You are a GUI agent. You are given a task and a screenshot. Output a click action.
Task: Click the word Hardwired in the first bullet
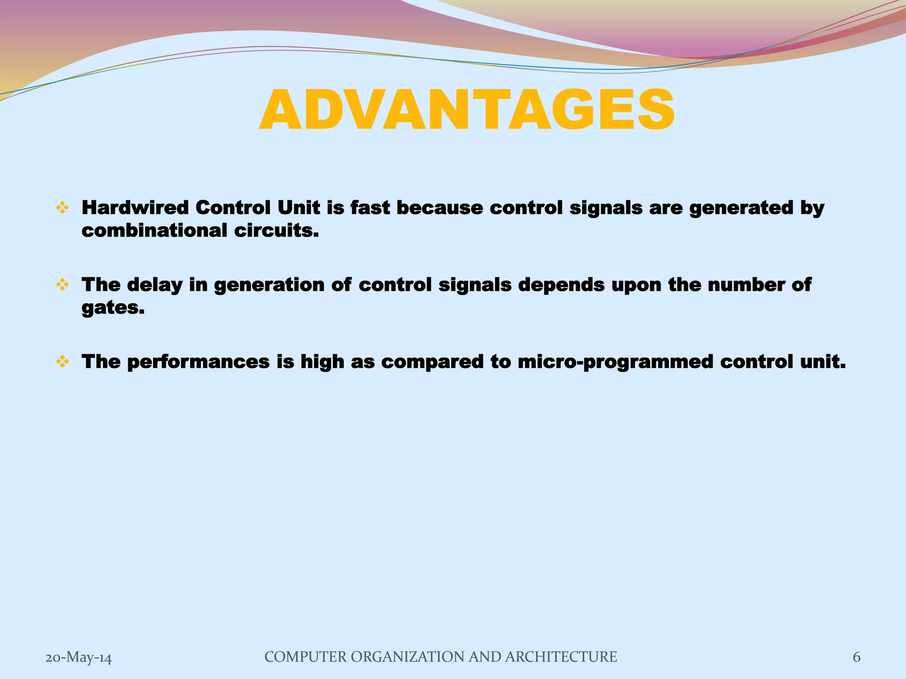point(135,208)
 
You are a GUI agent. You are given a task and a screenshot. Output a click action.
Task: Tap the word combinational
point(154,230)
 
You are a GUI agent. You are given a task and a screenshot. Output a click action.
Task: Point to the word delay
point(154,285)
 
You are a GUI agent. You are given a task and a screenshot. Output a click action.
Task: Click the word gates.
point(113,308)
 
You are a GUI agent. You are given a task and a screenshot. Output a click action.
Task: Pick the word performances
point(198,362)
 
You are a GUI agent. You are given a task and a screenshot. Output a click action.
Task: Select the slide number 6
point(856,657)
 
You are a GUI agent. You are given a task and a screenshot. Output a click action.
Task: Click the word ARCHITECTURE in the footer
point(560,657)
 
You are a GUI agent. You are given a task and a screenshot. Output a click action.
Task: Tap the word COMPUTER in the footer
point(305,657)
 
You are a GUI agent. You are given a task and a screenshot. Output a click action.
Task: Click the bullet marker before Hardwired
point(62,208)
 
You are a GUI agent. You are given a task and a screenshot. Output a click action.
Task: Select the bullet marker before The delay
point(62,285)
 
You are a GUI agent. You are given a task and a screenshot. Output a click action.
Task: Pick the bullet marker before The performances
point(62,362)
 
